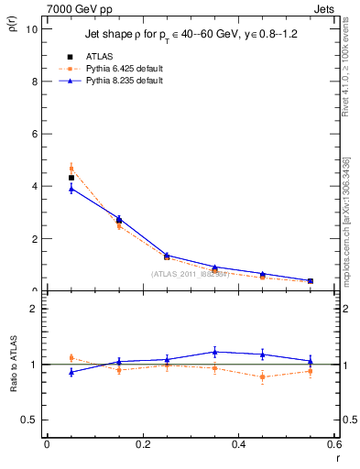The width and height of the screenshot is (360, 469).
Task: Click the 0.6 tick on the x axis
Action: [x=333, y=444]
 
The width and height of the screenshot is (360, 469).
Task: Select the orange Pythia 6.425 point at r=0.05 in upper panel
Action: [x=71, y=169]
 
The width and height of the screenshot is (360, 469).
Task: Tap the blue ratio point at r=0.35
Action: [x=214, y=352]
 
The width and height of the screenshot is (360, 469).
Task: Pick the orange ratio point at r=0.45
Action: [x=262, y=376]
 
